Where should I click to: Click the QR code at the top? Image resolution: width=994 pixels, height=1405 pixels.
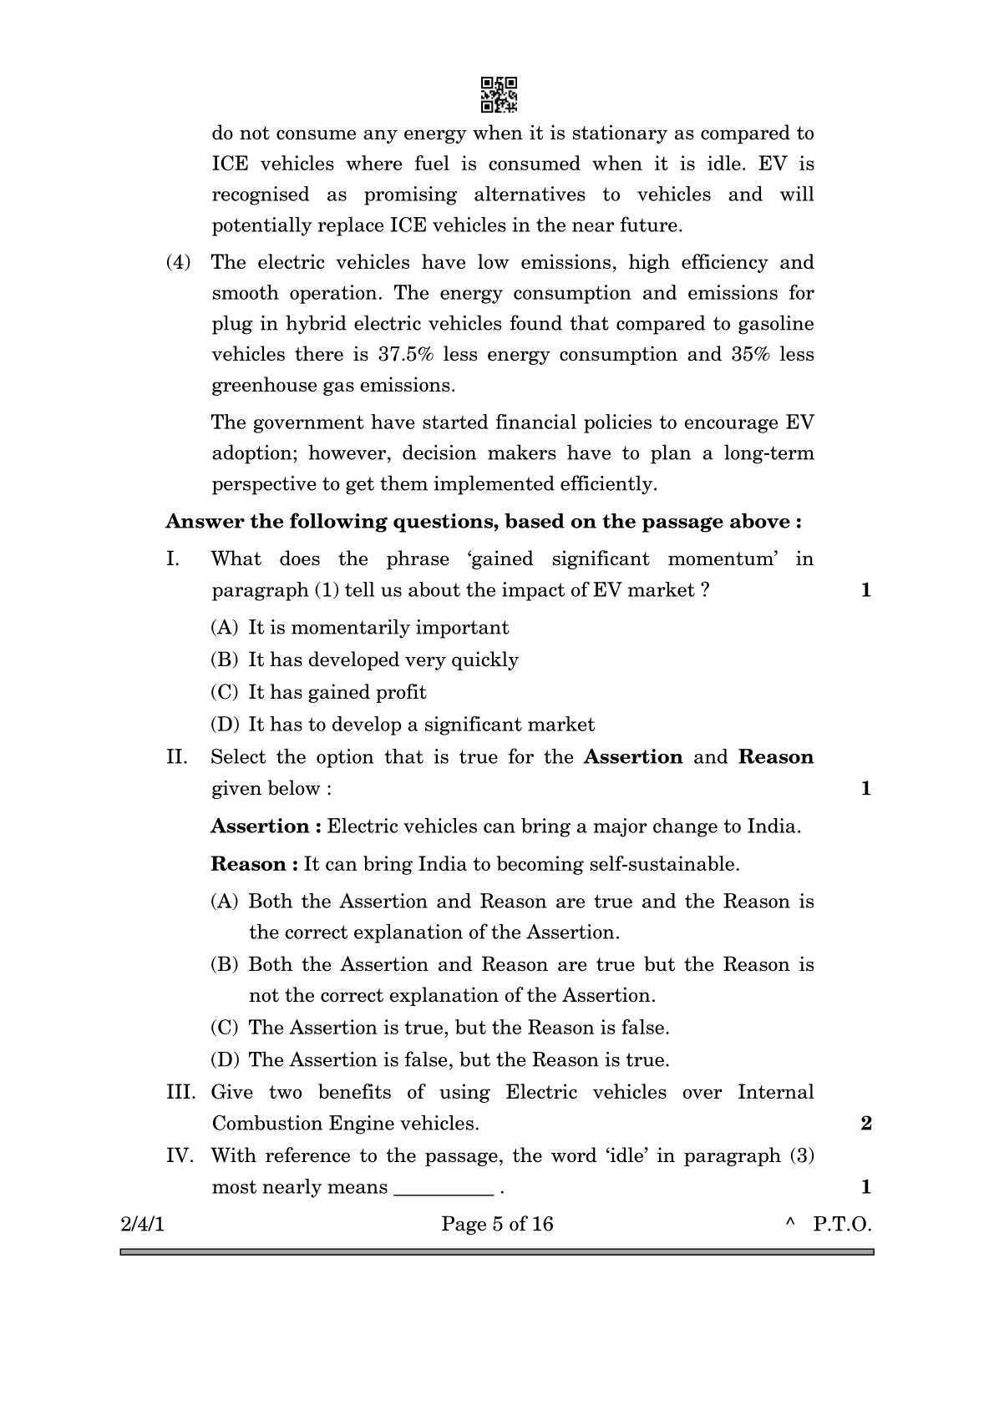click(x=499, y=94)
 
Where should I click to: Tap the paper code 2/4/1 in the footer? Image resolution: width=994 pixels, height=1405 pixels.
click(x=143, y=1224)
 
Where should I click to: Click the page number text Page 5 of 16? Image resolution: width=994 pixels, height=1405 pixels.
click(x=497, y=1224)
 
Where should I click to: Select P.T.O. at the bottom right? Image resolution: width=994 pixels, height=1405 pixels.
click(x=842, y=1224)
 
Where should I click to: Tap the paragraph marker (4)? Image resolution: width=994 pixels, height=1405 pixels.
click(x=179, y=262)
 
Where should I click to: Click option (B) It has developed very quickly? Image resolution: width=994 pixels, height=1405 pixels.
click(x=365, y=660)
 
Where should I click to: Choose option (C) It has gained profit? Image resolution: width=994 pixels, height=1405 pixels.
click(x=319, y=692)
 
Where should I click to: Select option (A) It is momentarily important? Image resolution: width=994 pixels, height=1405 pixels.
click(x=360, y=627)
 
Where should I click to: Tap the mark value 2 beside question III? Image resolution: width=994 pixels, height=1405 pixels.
click(x=865, y=1123)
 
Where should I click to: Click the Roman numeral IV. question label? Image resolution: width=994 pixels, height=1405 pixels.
click(x=179, y=1155)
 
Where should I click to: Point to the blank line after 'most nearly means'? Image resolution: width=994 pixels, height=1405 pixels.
click(x=443, y=1189)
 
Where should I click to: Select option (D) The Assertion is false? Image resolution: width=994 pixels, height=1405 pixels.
click(x=440, y=1059)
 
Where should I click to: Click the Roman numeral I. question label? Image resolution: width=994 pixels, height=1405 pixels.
click(x=173, y=558)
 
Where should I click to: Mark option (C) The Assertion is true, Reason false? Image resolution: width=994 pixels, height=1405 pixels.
click(x=440, y=1027)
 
